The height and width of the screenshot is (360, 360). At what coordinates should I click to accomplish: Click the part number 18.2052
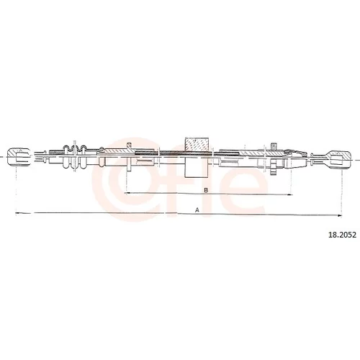click(342, 235)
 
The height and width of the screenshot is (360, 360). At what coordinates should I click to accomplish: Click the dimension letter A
click(197, 210)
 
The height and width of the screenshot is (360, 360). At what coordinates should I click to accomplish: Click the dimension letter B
click(206, 190)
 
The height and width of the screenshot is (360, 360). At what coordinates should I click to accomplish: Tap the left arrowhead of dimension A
click(17, 212)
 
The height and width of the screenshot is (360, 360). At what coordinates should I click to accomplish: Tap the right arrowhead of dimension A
click(340, 215)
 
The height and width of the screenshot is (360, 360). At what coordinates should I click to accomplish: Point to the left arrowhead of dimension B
click(128, 193)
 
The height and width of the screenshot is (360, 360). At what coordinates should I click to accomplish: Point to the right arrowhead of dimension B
click(289, 194)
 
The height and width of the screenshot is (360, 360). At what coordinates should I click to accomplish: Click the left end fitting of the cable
click(19, 157)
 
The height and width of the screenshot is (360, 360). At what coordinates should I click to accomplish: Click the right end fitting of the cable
click(340, 159)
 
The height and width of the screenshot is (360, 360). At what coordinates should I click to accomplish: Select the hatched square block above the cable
click(197, 145)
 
